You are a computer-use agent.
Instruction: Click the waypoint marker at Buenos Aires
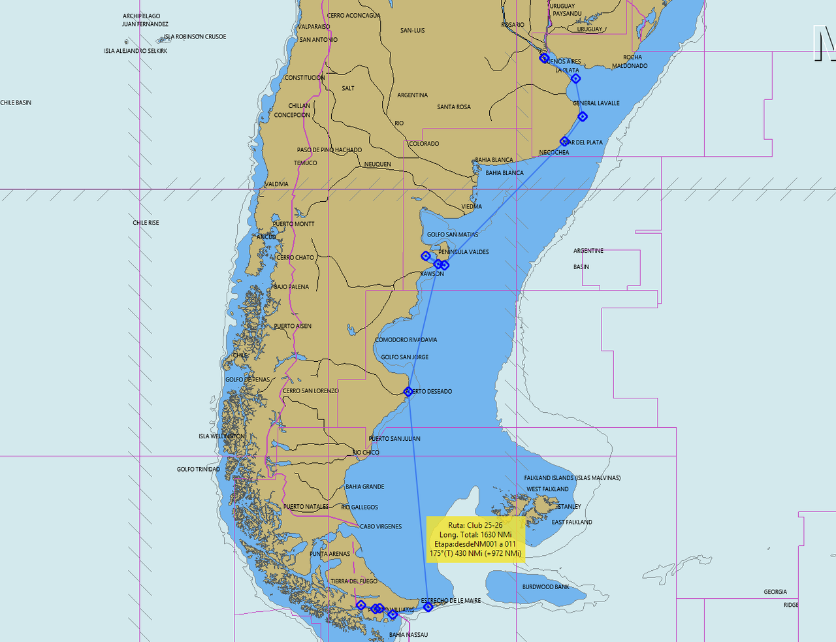click(x=544, y=58)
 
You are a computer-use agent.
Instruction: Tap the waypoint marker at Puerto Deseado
click(x=408, y=392)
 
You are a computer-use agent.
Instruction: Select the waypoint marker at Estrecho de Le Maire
click(x=428, y=607)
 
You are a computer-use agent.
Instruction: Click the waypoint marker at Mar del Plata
click(x=565, y=141)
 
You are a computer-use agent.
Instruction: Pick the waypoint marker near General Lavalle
click(x=583, y=117)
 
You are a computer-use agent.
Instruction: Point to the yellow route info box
click(x=475, y=539)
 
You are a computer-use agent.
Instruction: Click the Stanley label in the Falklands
click(x=569, y=506)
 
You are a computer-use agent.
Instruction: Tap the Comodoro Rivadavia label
click(x=406, y=340)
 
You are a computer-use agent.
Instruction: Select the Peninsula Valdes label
click(x=463, y=252)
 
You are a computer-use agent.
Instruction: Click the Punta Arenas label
click(x=330, y=554)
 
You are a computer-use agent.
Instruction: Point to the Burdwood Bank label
click(x=545, y=586)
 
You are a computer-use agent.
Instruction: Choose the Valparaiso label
click(x=313, y=27)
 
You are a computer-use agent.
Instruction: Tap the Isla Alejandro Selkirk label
click(x=135, y=51)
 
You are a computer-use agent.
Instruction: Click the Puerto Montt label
click(x=293, y=224)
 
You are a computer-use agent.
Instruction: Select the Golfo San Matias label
click(x=452, y=234)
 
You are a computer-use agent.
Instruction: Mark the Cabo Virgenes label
click(x=381, y=526)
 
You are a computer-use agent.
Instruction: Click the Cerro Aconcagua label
click(x=353, y=16)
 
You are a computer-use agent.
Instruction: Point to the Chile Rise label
click(x=146, y=223)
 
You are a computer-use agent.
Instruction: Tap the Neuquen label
click(x=378, y=165)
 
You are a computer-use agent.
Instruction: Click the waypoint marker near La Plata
click(x=575, y=78)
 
